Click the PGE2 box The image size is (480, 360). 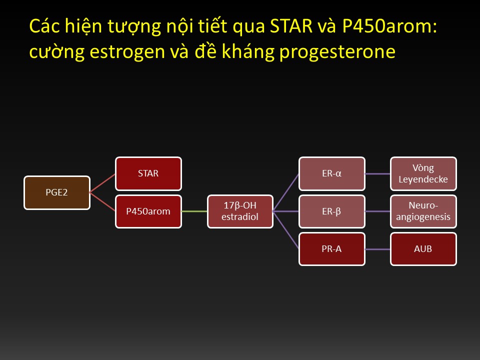coord(57,192)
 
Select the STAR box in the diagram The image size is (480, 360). coord(148,173)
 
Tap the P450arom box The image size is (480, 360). coord(148,211)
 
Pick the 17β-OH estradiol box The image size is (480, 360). coord(240,211)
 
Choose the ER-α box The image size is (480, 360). coord(332,173)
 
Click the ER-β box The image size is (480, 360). coord(332,211)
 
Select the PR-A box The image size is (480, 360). coord(332,249)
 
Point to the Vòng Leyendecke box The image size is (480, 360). coord(423,173)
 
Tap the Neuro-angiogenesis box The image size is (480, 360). coord(423,211)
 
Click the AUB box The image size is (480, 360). coord(423,249)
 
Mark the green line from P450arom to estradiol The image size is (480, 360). coord(194,211)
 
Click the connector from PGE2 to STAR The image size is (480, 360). coord(102,183)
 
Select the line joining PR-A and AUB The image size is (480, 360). coord(378,249)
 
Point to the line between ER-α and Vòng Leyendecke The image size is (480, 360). coord(378,173)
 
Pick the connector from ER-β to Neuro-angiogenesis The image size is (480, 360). coord(378,211)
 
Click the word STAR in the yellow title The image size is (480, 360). coord(291,26)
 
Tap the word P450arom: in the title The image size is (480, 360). coord(389,26)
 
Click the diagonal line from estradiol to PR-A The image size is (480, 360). coord(286,230)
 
